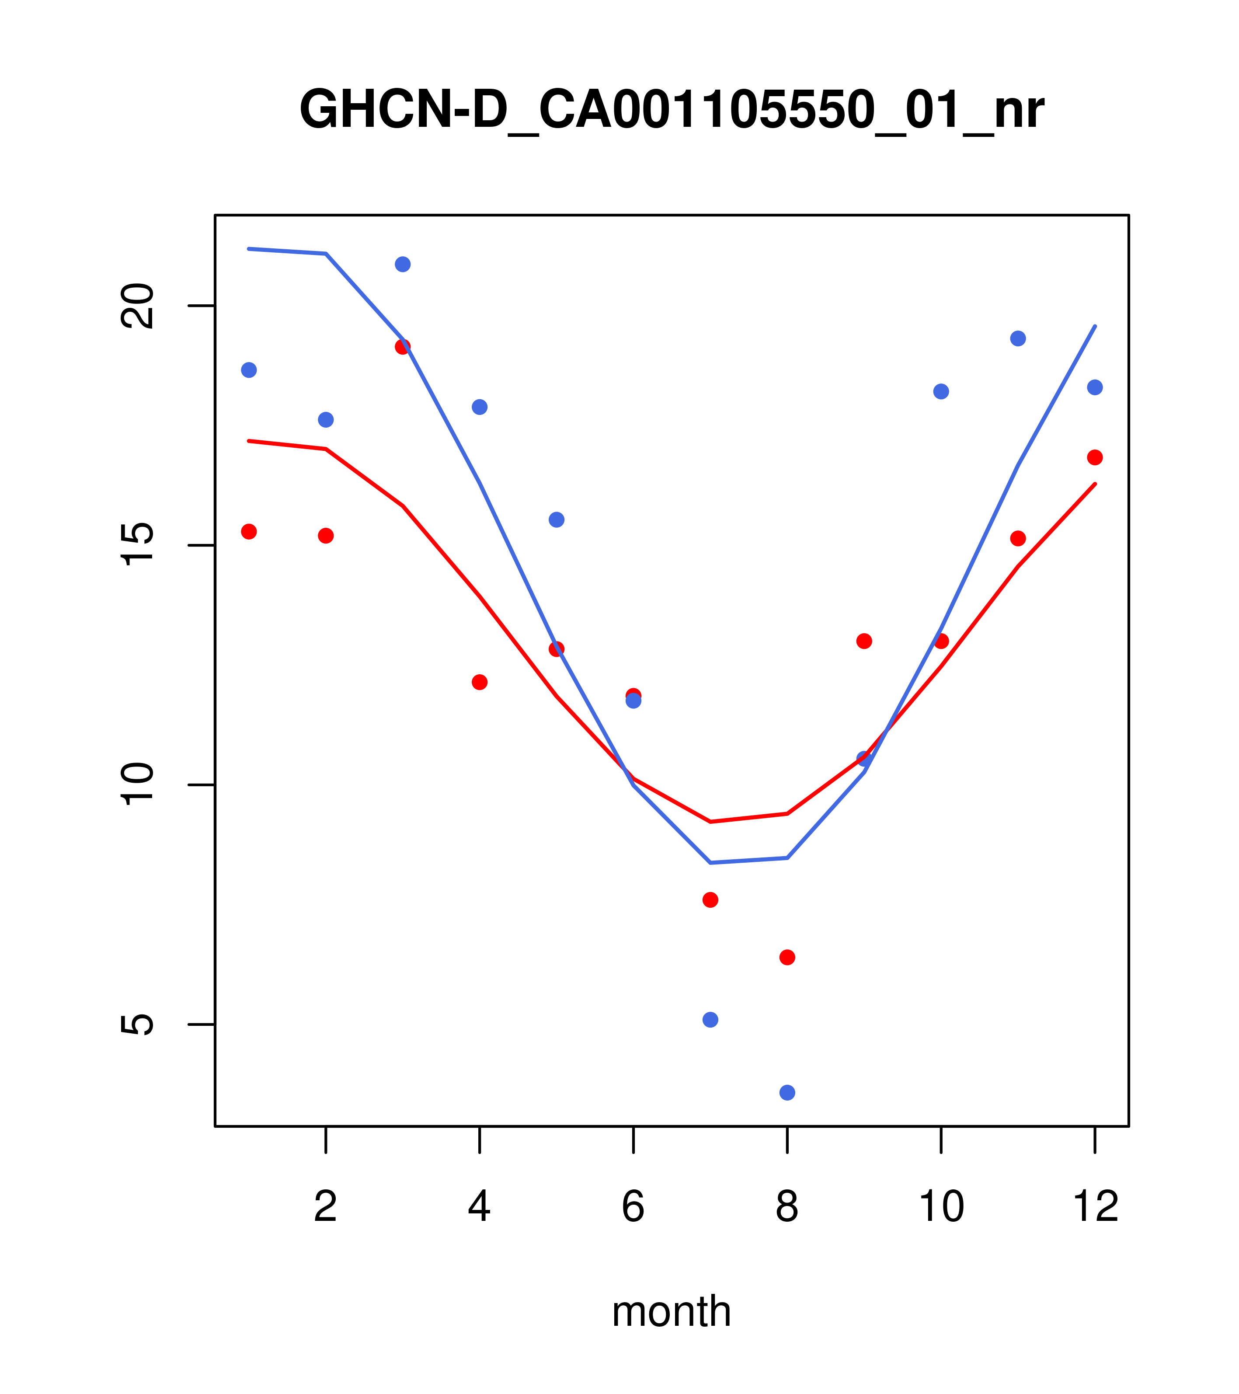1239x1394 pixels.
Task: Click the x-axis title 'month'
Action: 671,1311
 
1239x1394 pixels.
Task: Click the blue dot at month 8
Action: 787,1093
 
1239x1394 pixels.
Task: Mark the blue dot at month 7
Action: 710,1020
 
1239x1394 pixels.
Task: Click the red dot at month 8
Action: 787,958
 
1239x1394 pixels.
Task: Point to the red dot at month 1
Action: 249,531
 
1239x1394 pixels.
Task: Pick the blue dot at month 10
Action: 941,391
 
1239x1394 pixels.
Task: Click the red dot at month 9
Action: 864,641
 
